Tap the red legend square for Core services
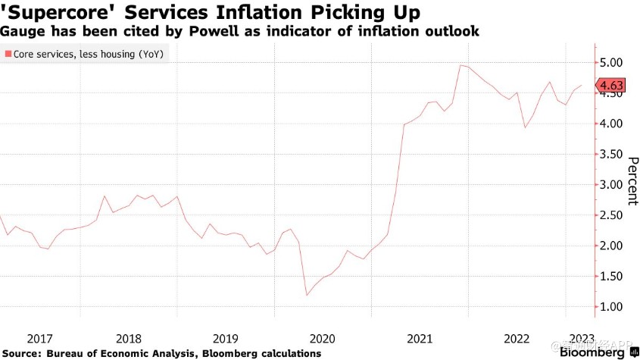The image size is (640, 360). coord(8,55)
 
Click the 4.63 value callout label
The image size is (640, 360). coord(610,86)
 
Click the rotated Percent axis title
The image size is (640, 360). coord(632,181)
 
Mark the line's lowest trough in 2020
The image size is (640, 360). coord(307,295)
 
